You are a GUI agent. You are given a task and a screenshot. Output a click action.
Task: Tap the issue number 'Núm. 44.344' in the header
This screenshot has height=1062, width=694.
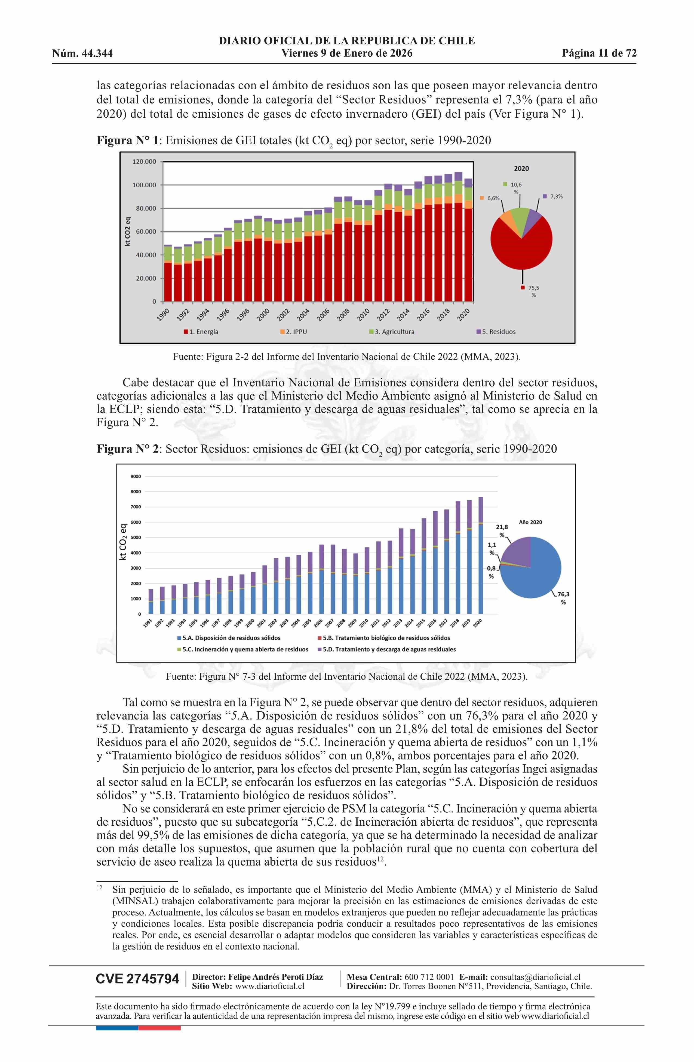click(x=82, y=54)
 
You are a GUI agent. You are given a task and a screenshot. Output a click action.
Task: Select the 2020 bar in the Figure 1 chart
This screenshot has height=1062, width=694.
click(x=468, y=241)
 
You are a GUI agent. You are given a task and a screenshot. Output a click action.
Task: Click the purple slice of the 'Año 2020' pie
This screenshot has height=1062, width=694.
click(x=517, y=552)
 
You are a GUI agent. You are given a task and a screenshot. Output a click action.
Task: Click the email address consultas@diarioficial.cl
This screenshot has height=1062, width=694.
click(x=535, y=977)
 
